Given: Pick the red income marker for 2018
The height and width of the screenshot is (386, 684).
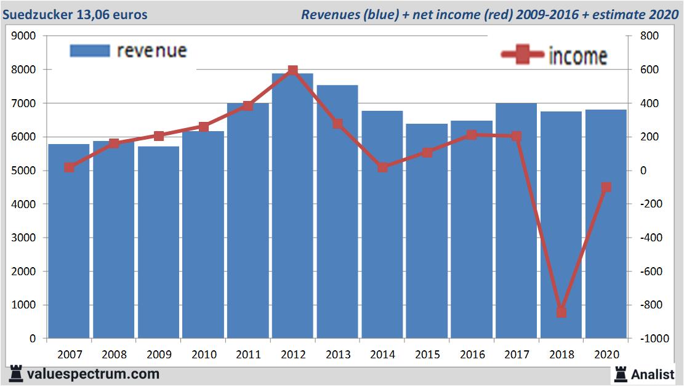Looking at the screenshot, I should tap(561, 312).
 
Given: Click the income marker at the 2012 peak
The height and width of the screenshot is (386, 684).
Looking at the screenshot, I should tap(293, 71).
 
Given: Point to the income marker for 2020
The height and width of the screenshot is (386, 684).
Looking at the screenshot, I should tap(606, 187).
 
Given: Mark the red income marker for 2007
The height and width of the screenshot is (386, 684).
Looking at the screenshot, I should tap(69, 167).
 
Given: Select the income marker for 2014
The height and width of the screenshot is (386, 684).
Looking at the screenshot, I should tap(382, 167).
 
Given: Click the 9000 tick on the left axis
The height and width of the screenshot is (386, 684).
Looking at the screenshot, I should tap(25, 36).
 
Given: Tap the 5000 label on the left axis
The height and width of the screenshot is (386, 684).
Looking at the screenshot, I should tap(25, 171).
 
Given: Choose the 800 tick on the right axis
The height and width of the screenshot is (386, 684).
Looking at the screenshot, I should tap(649, 36).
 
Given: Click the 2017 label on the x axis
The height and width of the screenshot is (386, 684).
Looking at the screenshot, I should tap(517, 355).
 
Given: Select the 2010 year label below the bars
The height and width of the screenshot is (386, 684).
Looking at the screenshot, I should tap(203, 355).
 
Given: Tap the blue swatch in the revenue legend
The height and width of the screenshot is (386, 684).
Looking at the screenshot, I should tap(90, 50).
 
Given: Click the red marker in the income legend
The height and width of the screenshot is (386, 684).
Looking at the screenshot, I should tap(522, 55).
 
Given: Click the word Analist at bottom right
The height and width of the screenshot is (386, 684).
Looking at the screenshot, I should tap(653, 374).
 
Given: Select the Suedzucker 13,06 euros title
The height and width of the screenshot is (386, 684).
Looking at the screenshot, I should tap(75, 14).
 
